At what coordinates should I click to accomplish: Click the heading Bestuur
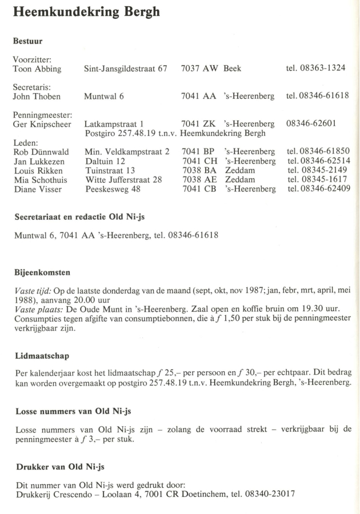pos(28,42)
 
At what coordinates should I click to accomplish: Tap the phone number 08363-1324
pos(324,69)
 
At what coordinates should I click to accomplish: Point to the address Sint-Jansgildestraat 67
pos(126,69)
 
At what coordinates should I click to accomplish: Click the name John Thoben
pos(35,95)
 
